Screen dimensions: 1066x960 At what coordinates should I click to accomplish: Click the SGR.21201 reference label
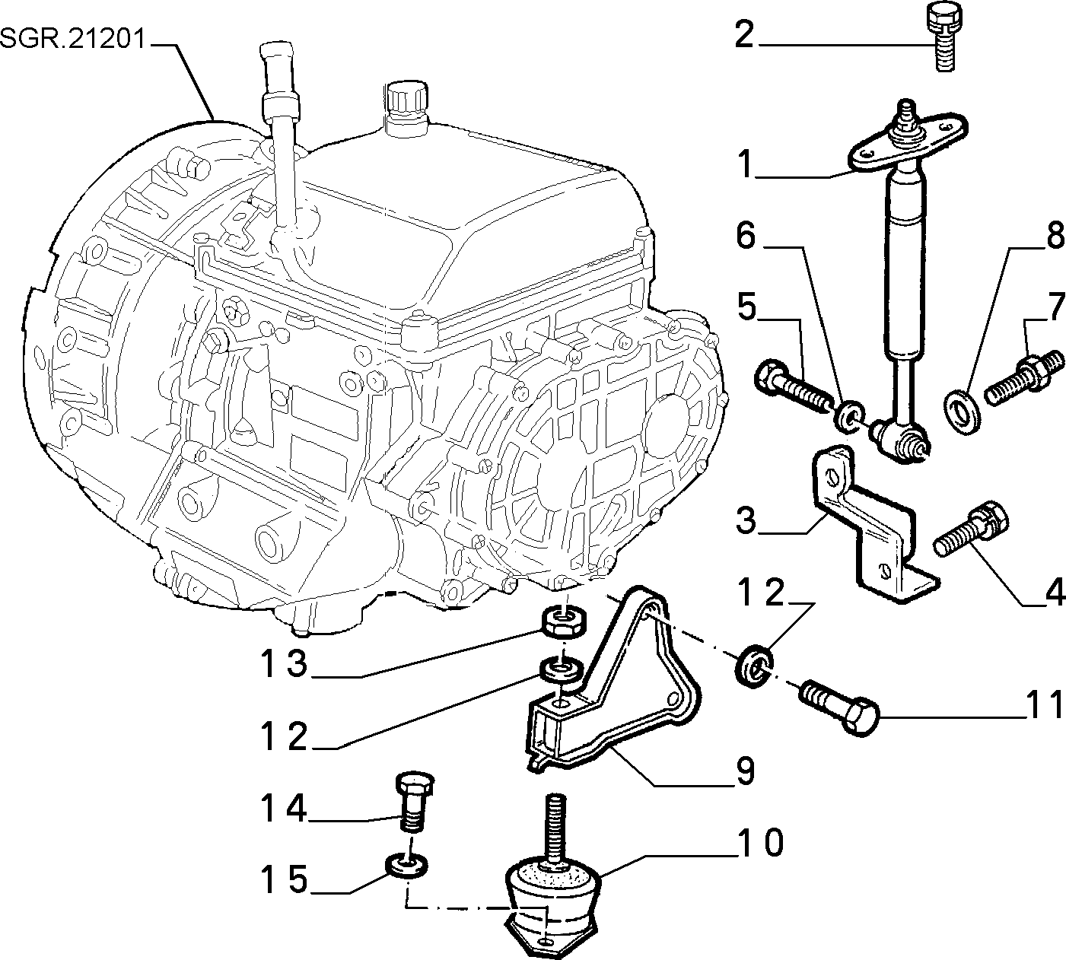tap(73, 39)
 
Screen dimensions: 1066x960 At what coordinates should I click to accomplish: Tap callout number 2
tap(745, 35)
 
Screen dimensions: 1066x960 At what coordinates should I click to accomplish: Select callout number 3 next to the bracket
tap(746, 520)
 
